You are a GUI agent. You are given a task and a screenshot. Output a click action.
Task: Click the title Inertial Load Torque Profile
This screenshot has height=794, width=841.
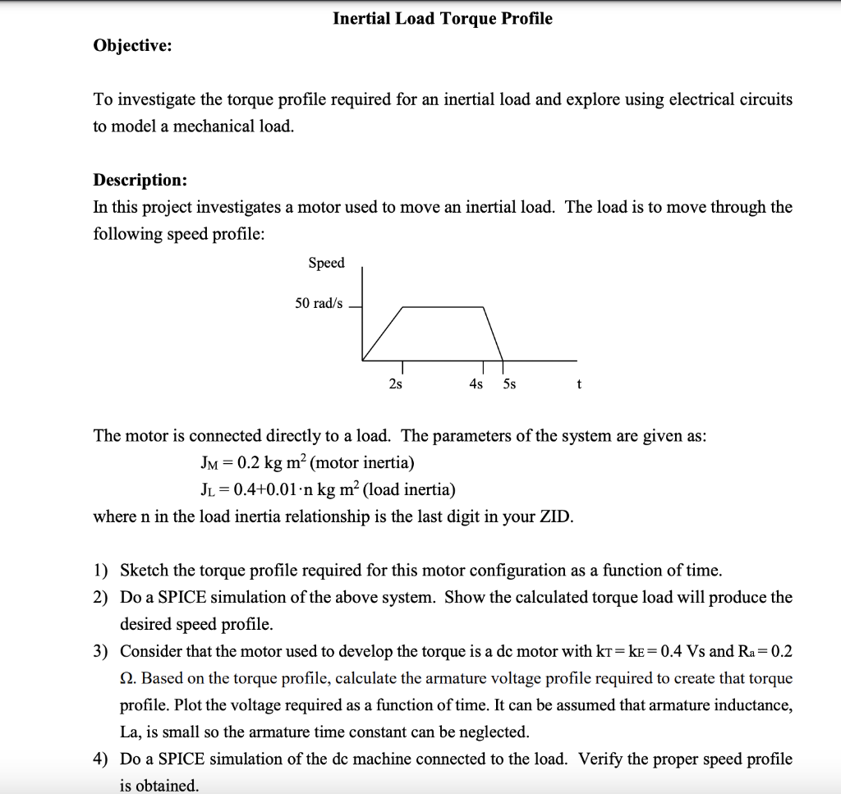pos(442,19)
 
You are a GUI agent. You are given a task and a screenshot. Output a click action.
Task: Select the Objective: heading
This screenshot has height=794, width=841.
pos(132,46)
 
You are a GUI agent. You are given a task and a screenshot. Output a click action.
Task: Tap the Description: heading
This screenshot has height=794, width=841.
pos(140,180)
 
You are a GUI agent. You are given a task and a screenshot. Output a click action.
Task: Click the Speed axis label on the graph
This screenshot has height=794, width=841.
pos(326,263)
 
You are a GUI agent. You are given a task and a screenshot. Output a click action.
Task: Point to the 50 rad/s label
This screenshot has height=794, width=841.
pos(319,304)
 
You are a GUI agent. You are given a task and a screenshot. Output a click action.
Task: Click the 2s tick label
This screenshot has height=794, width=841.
pos(395,384)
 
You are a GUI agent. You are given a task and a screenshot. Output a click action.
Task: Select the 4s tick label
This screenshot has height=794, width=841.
pos(476,384)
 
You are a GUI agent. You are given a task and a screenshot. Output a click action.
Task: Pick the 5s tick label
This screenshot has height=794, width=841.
pos(509,384)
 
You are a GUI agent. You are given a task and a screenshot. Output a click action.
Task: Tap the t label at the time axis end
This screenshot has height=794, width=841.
pos(579,384)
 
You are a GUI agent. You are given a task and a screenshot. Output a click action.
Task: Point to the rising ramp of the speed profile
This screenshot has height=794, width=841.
pos(383,333)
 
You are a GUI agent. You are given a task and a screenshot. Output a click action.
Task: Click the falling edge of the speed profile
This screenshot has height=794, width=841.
pos(494,333)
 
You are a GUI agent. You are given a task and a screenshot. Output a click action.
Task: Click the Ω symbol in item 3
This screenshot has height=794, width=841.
pos(127,678)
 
